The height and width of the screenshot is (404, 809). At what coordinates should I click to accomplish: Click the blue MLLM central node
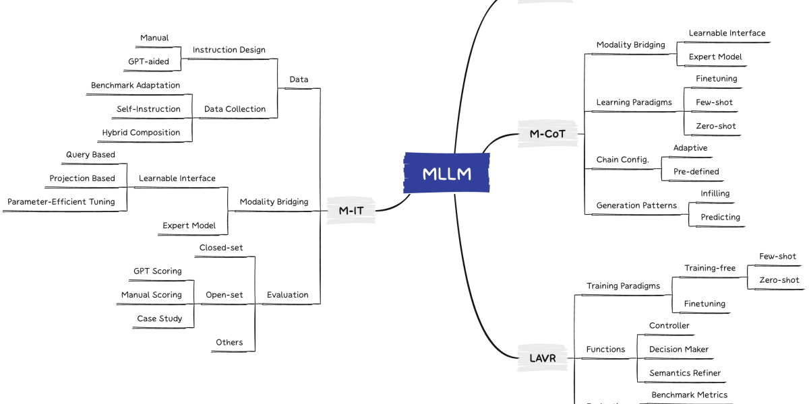[446, 174]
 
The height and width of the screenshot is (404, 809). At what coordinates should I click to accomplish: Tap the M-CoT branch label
[547, 133]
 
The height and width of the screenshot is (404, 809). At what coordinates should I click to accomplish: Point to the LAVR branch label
[538, 358]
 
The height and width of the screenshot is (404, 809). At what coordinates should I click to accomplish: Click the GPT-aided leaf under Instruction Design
[148, 61]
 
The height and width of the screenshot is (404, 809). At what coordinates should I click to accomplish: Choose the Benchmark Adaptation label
[136, 86]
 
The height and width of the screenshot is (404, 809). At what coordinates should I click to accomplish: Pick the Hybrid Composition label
[141, 133]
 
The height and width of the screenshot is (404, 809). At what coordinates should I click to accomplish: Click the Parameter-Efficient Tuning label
[61, 201]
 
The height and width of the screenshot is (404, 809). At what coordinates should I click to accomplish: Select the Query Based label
[90, 154]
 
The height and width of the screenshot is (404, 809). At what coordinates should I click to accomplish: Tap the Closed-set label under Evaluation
[221, 248]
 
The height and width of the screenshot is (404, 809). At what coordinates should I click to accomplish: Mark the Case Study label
[160, 318]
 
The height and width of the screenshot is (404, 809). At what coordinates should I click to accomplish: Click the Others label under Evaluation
[229, 342]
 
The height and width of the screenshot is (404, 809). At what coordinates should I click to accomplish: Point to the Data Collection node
[235, 109]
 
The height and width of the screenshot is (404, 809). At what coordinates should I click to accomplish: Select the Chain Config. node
[622, 160]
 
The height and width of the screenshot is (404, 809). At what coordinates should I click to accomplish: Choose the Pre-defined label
[696, 172]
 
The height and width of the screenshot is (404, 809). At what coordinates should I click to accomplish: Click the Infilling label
[715, 194]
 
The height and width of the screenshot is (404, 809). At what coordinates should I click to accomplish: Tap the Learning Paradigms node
[634, 102]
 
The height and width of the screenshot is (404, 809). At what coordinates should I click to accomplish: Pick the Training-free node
[710, 268]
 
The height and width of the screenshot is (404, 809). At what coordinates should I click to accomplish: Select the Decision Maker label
[678, 349]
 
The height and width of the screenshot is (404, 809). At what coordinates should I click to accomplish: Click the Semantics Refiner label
[684, 373]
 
